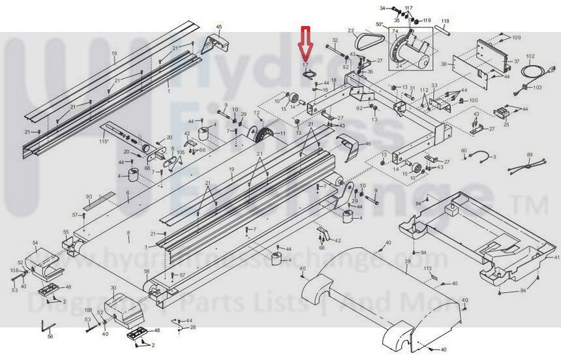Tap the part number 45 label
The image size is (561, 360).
(x=219, y=27)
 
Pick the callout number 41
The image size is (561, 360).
(x=556, y=259)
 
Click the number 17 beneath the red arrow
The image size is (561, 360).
(x=305, y=66)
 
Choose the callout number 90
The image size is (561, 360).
(x=89, y=196)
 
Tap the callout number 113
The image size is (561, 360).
(x=428, y=268)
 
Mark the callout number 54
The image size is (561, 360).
(x=35, y=243)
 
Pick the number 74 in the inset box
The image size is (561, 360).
(x=394, y=31)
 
